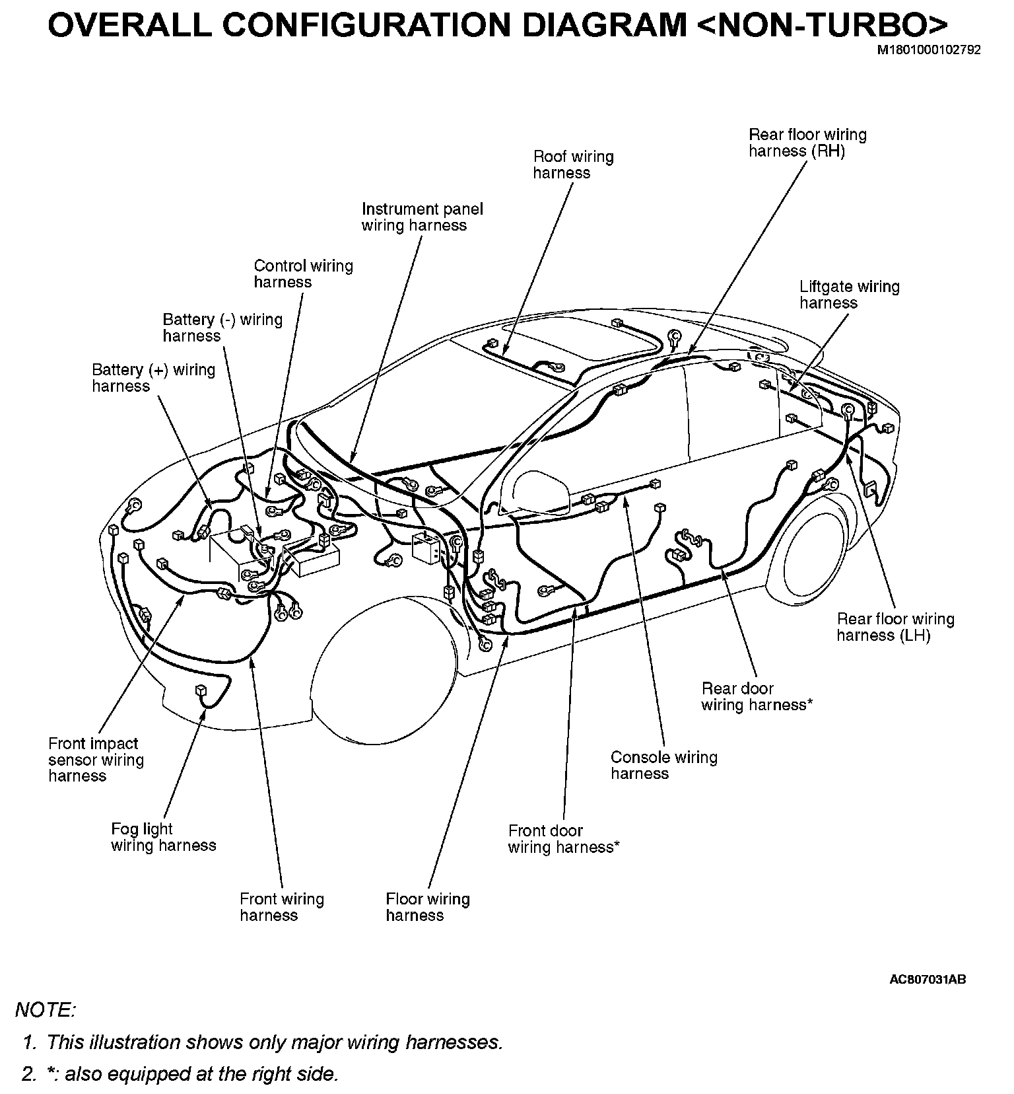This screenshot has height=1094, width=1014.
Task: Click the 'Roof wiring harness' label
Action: pos(573,165)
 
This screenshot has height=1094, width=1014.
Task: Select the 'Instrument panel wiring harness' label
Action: pos(422,217)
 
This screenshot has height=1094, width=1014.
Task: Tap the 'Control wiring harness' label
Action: pos(303,274)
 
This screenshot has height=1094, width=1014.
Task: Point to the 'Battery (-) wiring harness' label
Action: pos(222,328)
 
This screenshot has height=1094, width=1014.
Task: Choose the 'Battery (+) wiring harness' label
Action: pos(153,378)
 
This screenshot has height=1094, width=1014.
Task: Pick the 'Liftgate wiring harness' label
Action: pos(849,295)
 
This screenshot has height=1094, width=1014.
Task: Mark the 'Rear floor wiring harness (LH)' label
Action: pos(895,627)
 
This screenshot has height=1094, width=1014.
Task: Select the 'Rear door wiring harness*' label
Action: pos(756,697)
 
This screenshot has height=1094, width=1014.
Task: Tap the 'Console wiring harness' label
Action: pos(663,766)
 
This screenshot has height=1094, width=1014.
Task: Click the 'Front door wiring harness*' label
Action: pos(563,839)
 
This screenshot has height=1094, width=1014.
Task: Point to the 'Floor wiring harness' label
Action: pos(427,907)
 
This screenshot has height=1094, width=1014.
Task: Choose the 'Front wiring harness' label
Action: pos(282,907)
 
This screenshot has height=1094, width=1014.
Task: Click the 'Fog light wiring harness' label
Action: pos(163,837)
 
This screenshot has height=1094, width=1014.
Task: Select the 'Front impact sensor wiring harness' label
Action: pos(96,760)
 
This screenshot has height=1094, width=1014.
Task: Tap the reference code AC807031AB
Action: pos(928,980)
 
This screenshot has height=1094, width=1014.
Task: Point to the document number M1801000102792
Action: pos(928,50)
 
